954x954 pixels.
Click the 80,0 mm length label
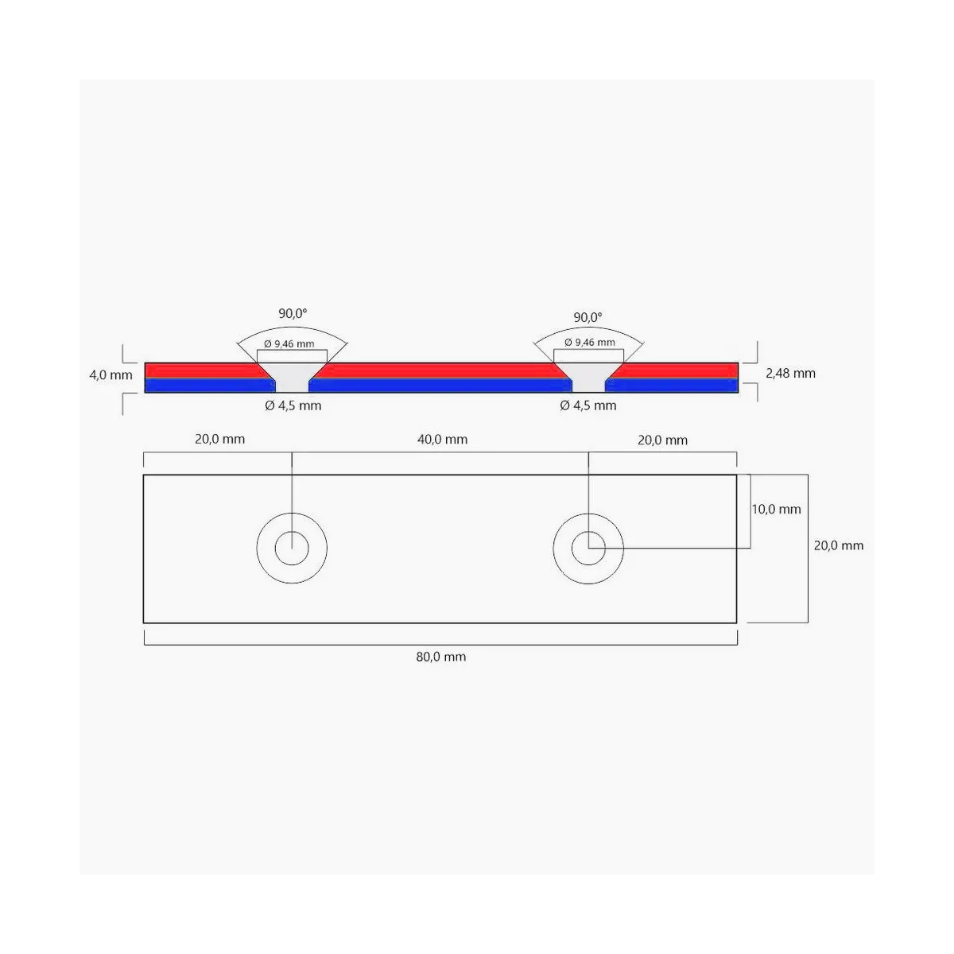[x=440, y=657]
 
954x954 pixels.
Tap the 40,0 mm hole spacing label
[x=442, y=440]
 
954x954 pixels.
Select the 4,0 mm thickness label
[x=111, y=375]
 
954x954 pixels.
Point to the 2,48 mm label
[x=790, y=374]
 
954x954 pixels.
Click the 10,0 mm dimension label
[x=776, y=510]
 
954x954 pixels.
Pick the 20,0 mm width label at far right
[x=839, y=545]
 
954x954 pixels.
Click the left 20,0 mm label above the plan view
[x=219, y=439]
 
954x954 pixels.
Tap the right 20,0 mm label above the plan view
[x=662, y=440]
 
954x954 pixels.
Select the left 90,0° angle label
[x=293, y=313]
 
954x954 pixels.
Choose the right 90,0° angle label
[x=588, y=317]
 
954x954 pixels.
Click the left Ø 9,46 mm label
[x=289, y=344]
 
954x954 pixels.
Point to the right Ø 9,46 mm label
[x=590, y=343]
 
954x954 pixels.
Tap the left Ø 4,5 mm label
[x=293, y=406]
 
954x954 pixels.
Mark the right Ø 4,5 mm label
[x=588, y=406]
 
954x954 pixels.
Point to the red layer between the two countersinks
[x=440, y=370]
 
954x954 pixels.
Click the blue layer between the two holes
[x=440, y=386]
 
